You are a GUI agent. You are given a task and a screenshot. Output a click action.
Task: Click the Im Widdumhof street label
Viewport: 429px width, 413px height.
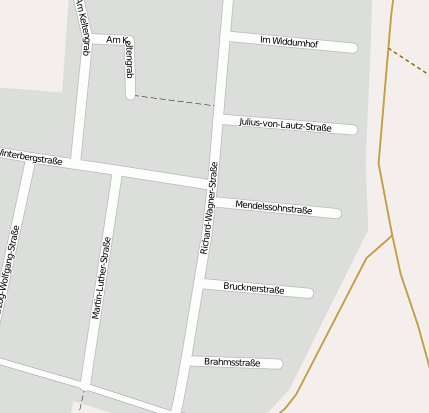(288, 41)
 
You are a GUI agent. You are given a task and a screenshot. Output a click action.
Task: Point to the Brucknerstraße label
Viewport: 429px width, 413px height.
(254, 289)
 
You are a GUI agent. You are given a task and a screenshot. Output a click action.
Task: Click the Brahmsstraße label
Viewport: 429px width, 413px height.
(232, 362)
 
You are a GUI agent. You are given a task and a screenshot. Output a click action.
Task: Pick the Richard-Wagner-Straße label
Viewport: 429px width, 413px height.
(209, 207)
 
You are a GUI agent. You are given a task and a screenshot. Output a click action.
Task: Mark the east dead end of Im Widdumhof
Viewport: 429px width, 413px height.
(353, 47)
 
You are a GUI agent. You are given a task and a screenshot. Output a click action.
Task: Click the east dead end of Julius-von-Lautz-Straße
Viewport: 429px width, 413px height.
(353, 129)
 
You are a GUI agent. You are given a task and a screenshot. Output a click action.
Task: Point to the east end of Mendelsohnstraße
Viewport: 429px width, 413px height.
(337, 213)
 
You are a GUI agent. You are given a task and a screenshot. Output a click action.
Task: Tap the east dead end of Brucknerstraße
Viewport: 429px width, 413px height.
(309, 293)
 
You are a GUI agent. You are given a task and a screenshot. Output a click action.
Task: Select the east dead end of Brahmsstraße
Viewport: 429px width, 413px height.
(279, 364)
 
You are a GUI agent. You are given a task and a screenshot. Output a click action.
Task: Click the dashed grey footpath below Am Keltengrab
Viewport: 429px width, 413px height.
(170, 100)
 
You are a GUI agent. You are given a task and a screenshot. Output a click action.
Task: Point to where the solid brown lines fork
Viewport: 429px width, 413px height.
(391, 235)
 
